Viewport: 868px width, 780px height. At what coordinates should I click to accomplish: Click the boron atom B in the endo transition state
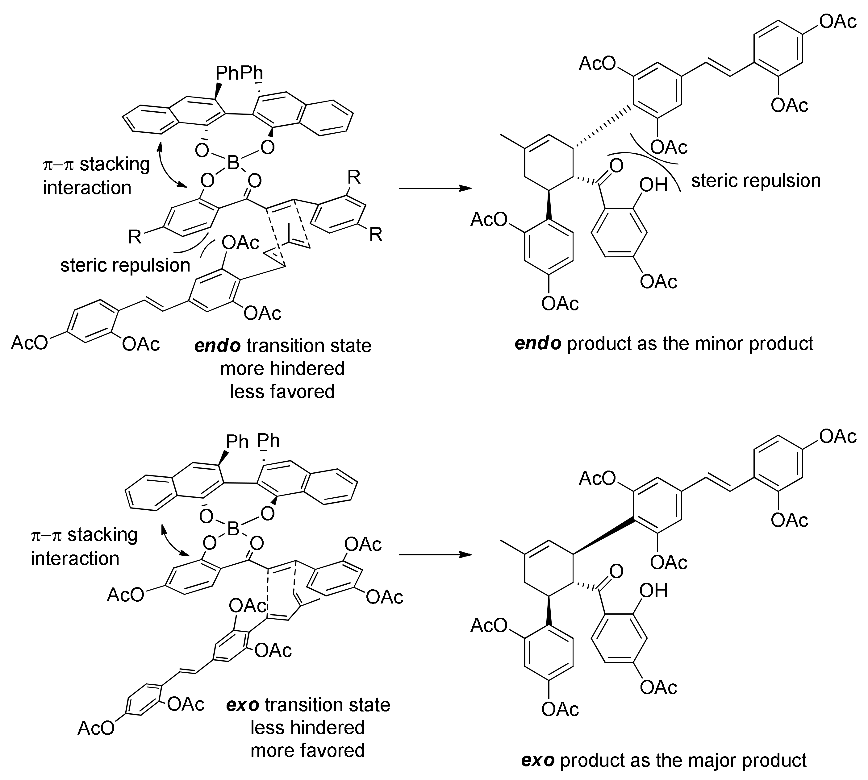(x=233, y=163)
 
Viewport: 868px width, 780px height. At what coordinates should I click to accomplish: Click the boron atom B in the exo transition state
(x=233, y=529)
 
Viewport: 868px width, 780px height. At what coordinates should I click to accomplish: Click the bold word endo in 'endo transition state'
(x=217, y=346)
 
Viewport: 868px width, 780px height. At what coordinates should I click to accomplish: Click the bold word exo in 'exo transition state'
(x=243, y=705)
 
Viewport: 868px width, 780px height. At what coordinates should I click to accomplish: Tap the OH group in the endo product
(x=653, y=185)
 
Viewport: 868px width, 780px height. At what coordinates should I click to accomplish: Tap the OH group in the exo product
(x=653, y=591)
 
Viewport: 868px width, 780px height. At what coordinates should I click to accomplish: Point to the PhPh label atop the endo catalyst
(x=239, y=73)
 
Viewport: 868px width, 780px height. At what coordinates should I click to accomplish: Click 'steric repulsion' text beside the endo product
(x=756, y=180)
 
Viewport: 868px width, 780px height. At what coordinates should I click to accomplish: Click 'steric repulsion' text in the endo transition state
(x=125, y=265)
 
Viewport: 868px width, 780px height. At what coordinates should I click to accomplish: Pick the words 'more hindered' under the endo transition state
(x=282, y=369)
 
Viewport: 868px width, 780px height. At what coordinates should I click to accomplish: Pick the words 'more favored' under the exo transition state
(x=307, y=750)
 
